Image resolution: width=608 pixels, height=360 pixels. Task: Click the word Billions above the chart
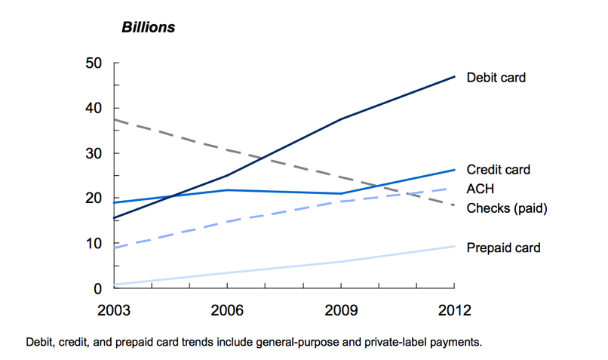[149, 27]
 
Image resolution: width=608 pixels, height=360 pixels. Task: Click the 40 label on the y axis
[94, 108]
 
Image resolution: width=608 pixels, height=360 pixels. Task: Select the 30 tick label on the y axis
[94, 153]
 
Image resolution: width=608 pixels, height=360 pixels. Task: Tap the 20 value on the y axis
[94, 198]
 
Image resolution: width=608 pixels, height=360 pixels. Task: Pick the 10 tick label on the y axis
[94, 244]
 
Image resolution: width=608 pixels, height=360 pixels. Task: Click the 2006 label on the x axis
[228, 310]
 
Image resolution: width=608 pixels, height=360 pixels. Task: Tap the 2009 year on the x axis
[341, 310]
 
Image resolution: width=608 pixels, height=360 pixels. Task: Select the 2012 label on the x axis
[454, 310]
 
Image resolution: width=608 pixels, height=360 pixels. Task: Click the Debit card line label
[496, 78]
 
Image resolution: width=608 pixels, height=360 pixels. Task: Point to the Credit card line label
[499, 170]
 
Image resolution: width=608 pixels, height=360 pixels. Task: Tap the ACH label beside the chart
[480, 189]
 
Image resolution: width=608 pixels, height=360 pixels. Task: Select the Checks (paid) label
[507, 208]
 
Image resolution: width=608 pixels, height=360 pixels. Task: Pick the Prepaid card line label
[504, 248]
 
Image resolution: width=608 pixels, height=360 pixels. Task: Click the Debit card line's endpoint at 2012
[454, 76]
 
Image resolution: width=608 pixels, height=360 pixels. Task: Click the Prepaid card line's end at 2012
[454, 247]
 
